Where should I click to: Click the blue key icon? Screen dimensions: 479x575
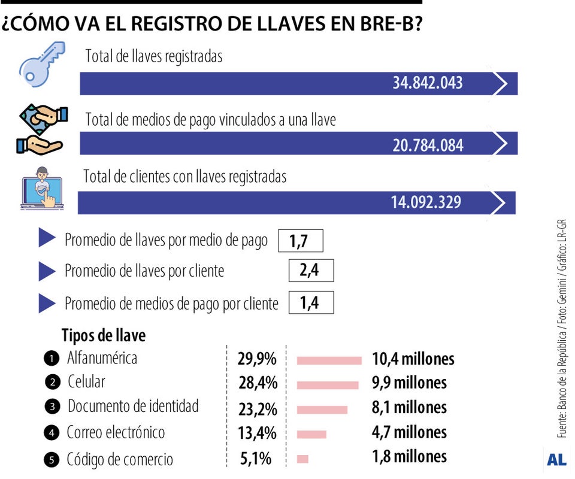[42, 65]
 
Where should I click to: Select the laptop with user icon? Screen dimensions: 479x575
[42, 187]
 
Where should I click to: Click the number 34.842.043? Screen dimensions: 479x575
[428, 83]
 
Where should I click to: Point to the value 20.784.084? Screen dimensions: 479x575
[428, 144]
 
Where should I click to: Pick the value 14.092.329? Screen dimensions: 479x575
[426, 202]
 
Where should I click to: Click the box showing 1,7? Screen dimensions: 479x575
[301, 241]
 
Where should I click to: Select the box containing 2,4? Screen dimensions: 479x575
[310, 271]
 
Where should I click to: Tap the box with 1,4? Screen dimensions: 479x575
[310, 303]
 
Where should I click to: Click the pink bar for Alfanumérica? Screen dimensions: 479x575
[329, 360]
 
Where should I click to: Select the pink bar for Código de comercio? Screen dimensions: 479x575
[302, 459]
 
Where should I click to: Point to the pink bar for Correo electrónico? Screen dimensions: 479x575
[311, 434]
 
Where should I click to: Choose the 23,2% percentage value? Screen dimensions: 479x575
[257, 409]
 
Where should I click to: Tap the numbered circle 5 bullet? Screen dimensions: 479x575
[52, 460]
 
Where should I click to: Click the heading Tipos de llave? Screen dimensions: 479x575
[104, 335]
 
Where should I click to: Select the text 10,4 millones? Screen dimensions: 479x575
[413, 359]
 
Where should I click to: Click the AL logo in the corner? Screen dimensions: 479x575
[556, 460]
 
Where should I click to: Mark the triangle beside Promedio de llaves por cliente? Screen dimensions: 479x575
[47, 271]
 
